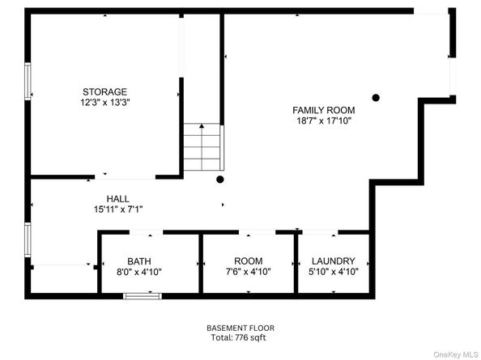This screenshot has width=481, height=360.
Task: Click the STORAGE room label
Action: point(104,91)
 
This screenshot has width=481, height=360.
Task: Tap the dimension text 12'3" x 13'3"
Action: point(104,103)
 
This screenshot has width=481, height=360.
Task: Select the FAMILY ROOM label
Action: point(323,109)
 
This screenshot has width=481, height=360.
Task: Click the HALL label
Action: point(117,198)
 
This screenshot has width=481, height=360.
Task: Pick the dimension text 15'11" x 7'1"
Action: point(117,210)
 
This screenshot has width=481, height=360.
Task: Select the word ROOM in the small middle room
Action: point(248,261)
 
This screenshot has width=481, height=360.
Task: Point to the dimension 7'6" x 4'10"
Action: point(248,273)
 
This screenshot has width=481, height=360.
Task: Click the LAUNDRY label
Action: point(334,261)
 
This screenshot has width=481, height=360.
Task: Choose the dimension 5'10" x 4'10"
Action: point(334,273)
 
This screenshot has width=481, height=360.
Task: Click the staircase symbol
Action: point(202,147)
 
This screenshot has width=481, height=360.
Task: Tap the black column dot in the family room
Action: point(375,99)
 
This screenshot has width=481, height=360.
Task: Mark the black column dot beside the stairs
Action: point(219,180)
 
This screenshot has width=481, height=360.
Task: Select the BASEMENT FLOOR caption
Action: point(236,328)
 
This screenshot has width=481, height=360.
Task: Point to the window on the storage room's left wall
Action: point(28,82)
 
